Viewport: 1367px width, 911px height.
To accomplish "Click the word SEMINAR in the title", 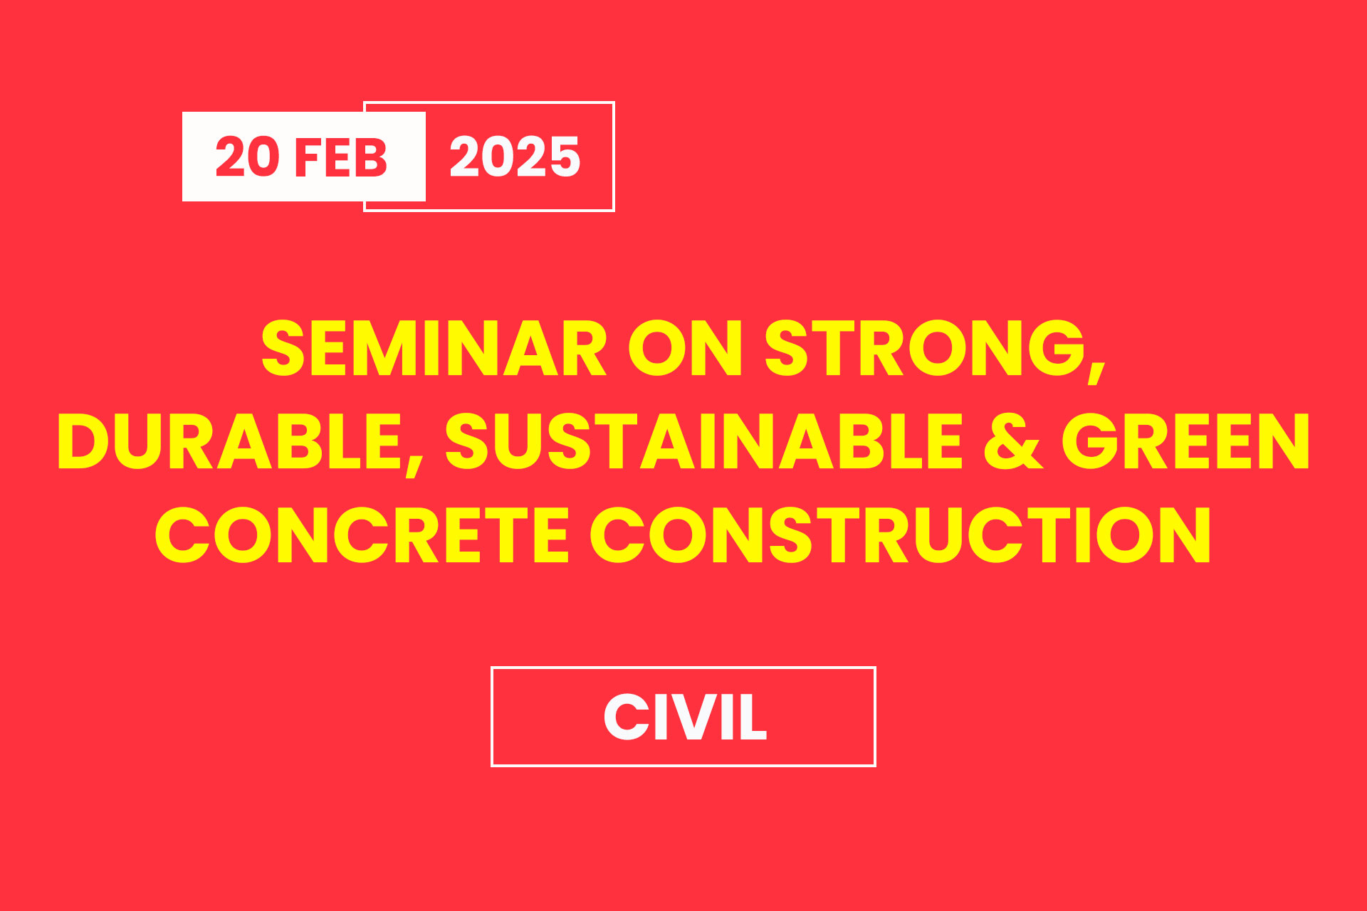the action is point(434,348).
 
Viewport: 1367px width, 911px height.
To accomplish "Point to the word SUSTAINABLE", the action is point(703,441).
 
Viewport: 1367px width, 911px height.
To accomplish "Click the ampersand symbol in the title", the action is point(1013,441).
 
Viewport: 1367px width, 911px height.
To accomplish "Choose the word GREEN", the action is point(1185,441).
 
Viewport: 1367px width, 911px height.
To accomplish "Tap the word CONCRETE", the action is point(362,535).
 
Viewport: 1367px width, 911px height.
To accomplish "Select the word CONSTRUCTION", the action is point(901,535).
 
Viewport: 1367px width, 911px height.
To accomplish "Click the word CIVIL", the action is point(685,717).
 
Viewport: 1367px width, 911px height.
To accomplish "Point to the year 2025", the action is point(515,157).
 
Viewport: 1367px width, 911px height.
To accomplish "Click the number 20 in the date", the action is point(247,157).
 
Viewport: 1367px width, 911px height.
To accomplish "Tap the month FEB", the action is point(341,157).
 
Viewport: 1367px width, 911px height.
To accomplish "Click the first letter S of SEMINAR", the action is point(283,348).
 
